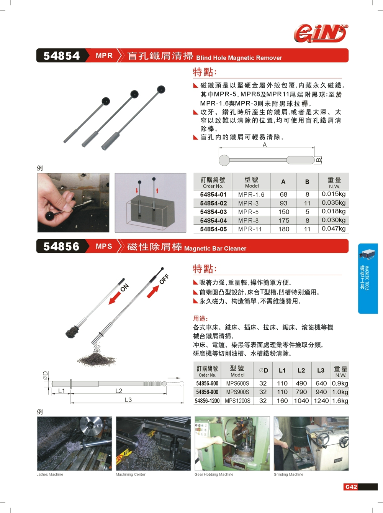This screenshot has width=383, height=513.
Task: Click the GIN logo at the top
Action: point(321,33)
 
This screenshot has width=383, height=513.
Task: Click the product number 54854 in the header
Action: point(62,56)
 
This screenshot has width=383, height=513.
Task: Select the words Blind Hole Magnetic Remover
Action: point(239,58)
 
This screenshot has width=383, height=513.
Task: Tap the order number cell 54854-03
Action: point(213,212)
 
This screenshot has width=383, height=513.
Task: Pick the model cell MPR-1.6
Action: point(251,194)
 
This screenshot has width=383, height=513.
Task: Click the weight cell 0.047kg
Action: point(334,229)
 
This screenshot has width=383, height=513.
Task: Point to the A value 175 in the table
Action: point(283,220)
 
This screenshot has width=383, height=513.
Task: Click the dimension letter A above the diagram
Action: point(264,145)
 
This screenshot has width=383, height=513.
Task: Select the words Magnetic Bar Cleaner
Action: point(215,248)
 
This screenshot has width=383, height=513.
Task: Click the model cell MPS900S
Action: point(237,392)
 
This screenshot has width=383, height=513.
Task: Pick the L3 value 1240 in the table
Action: point(321,401)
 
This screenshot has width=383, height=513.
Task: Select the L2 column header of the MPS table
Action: point(301,370)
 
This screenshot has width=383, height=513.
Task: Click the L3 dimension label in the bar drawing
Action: point(128,400)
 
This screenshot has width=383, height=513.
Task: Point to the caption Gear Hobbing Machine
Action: point(214,474)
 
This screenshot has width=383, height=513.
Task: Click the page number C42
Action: point(351,487)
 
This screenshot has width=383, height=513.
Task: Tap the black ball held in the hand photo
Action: point(50,215)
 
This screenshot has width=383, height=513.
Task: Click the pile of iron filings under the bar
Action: point(97,359)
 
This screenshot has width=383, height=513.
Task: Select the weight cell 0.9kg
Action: point(340,383)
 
